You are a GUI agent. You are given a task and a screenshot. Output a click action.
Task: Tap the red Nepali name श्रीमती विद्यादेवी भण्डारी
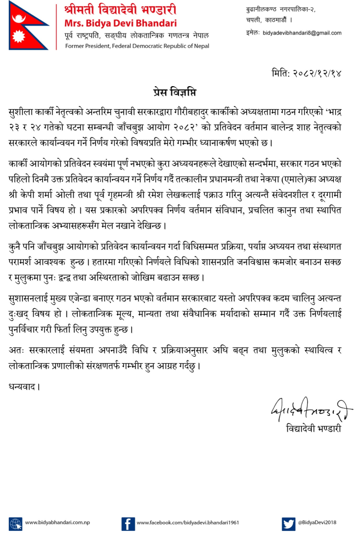[x=120, y=10]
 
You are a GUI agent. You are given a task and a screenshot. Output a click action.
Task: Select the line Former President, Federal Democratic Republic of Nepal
[x=137, y=46]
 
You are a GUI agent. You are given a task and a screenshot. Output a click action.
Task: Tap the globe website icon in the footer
[x=16, y=522]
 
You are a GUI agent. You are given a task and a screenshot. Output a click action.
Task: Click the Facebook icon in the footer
[x=128, y=522]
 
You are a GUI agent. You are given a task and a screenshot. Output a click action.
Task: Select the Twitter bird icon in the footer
[x=288, y=522]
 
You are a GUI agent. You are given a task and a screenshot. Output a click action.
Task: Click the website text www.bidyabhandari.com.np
[x=58, y=522]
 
